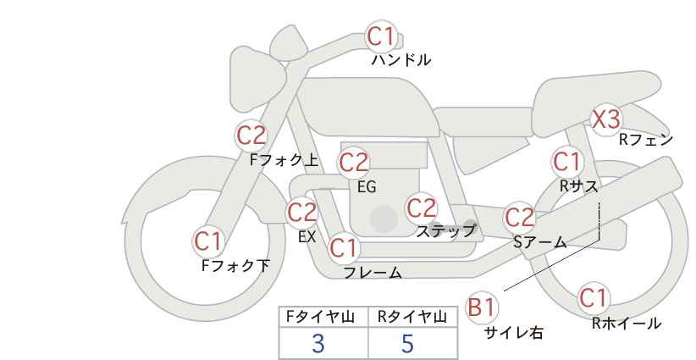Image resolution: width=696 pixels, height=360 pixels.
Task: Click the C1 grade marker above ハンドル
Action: [x=381, y=36]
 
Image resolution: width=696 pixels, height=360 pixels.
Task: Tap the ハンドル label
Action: [x=400, y=60]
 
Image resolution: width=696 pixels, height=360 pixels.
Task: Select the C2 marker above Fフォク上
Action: [x=251, y=135]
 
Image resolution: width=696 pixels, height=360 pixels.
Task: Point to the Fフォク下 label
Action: [x=235, y=266]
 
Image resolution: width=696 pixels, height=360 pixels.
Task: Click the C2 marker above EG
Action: [x=353, y=163]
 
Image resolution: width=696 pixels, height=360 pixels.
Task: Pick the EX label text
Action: [x=307, y=236]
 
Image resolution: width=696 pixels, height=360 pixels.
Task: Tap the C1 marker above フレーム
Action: [x=344, y=247]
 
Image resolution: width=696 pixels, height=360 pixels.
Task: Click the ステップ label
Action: [x=445, y=231]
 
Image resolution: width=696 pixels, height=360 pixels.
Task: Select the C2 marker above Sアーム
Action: [x=520, y=217]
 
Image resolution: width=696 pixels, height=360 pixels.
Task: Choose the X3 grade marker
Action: [x=606, y=119]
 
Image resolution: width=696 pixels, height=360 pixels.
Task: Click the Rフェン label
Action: [x=646, y=140]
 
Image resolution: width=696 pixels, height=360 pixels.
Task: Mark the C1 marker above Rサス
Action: [x=566, y=162]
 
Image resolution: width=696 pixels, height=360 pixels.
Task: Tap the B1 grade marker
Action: [x=482, y=307]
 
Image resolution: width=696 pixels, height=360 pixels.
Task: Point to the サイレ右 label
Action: [x=514, y=332]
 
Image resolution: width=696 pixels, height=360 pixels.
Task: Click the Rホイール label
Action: [x=627, y=324]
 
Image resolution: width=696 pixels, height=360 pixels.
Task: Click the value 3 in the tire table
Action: [x=318, y=343]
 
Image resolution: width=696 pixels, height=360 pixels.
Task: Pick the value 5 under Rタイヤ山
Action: [x=407, y=343]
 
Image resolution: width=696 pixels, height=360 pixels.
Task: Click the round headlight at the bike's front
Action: [x=257, y=80]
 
